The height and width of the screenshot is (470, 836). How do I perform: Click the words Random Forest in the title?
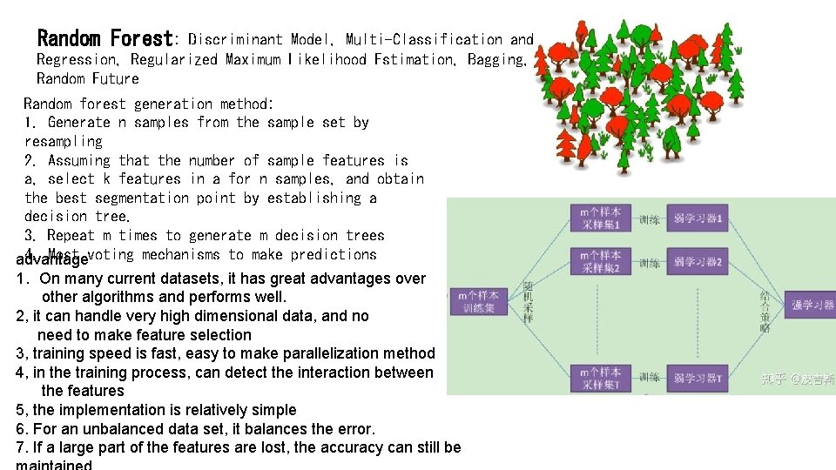[x=105, y=38]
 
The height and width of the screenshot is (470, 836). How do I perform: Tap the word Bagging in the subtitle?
[x=496, y=59]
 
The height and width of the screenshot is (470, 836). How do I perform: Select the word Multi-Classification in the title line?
[x=424, y=39]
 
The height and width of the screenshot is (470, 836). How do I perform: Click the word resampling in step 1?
[x=64, y=141]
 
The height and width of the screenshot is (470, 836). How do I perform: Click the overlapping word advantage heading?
[x=52, y=259]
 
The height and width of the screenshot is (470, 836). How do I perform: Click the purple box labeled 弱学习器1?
[x=698, y=218]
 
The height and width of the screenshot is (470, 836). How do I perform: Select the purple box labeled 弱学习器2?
[x=698, y=261]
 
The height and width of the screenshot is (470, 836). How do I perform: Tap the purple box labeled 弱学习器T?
[x=698, y=378]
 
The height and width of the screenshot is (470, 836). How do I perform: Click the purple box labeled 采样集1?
[x=600, y=218]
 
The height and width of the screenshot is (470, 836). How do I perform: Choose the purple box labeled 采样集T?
[x=600, y=378]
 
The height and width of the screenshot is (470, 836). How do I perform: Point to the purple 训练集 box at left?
[x=478, y=302]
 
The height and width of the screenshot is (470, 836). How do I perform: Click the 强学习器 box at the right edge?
[x=812, y=305]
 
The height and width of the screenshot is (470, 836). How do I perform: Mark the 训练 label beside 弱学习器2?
[x=649, y=262]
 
